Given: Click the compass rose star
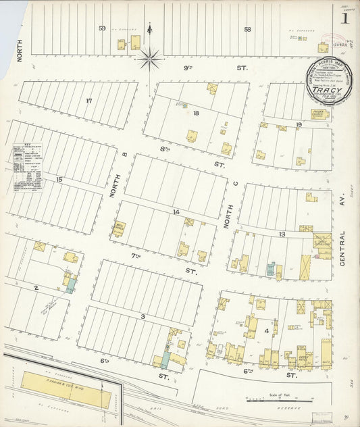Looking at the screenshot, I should click(149, 58).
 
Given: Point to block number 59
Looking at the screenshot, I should click(102, 28).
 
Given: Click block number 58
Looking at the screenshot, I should click(247, 29).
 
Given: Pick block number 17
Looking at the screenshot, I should click(88, 101).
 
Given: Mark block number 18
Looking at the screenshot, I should click(196, 113).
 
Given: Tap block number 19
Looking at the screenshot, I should click(298, 125).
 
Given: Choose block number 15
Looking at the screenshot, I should click(59, 179).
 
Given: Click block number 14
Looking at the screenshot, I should click(176, 212).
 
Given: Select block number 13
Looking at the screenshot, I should click(282, 234).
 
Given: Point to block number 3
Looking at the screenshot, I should click(143, 316).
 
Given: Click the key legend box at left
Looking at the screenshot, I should click(28, 166).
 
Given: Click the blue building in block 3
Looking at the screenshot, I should click(164, 357).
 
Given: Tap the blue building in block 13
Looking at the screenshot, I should click(270, 270).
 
